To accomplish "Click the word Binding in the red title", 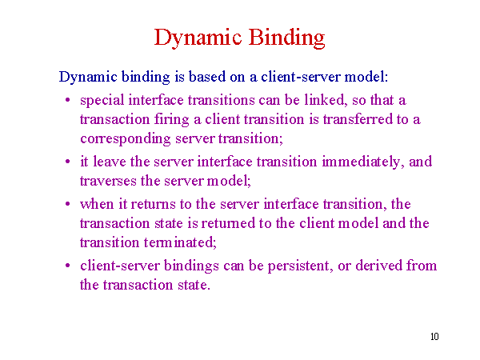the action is (286, 38).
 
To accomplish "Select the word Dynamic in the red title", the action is (198, 38).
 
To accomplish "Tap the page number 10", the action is (434, 337).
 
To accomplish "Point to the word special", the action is (102, 101).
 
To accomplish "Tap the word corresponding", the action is (126, 139).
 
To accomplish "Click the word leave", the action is (110, 162).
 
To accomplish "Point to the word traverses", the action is (108, 182).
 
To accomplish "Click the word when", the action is (97, 204).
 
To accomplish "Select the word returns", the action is (153, 204).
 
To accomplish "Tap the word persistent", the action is (300, 266).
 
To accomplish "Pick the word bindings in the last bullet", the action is (191, 266).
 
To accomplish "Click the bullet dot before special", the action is (68, 100).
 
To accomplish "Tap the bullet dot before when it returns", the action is (68, 204).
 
